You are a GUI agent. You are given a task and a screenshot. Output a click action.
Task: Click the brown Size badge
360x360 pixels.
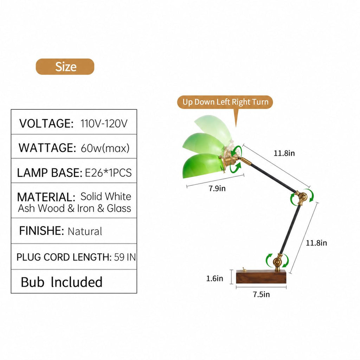click(x=65, y=66)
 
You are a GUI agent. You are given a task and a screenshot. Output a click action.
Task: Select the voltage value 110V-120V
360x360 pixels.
click(x=104, y=123)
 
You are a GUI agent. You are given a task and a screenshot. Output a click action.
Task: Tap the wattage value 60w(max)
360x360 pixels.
click(x=105, y=148)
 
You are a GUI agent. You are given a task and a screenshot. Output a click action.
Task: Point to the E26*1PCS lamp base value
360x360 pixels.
click(x=108, y=173)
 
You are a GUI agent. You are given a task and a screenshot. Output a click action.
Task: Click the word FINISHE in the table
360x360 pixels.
click(x=41, y=231)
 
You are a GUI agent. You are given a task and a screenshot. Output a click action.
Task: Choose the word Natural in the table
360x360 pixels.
click(x=85, y=231)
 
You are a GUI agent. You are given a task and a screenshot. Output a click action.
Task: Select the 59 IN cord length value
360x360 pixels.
click(x=125, y=257)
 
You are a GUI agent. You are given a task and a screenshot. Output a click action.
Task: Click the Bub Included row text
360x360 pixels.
click(x=62, y=282)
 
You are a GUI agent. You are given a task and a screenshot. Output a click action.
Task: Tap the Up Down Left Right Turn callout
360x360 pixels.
click(x=225, y=102)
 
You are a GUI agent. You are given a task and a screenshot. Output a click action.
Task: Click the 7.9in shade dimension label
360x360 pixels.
click(x=217, y=188)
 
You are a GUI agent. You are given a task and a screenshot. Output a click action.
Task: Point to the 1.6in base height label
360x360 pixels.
click(x=214, y=278)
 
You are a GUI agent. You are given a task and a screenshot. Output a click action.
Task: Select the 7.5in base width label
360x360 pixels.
click(x=261, y=294)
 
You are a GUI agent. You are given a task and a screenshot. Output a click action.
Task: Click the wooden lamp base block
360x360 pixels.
click(x=261, y=277)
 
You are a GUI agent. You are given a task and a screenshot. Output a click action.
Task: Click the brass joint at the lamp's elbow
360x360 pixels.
click(x=301, y=197)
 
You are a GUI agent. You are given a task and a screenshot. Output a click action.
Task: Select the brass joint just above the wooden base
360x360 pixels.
click(x=278, y=262)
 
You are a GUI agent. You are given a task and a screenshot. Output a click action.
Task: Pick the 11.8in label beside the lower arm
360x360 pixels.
click(x=316, y=243)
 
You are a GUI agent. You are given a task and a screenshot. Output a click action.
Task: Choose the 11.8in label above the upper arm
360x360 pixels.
click(x=284, y=153)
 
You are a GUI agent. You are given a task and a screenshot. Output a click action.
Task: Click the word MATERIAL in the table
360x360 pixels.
click(x=46, y=197)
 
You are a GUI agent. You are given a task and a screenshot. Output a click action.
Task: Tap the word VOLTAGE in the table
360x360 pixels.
click(x=46, y=123)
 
